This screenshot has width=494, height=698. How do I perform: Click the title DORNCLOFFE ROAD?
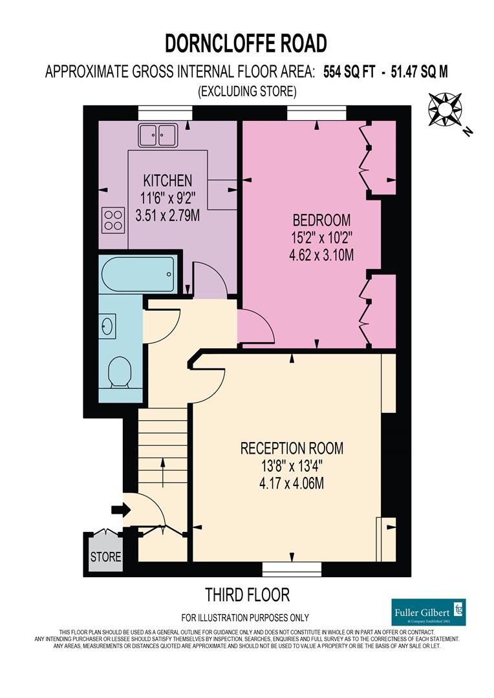click(x=246, y=43)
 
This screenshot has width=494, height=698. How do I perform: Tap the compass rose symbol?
click(x=446, y=109)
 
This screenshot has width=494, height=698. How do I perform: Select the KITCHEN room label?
click(x=167, y=180)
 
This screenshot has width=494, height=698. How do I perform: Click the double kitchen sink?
click(x=158, y=136)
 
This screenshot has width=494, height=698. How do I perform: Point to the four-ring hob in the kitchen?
click(x=113, y=220)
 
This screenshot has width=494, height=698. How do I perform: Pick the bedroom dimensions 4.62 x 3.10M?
click(x=321, y=255)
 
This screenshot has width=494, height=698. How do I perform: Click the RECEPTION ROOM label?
click(x=292, y=448)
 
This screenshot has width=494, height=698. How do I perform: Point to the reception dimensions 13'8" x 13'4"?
click(x=292, y=465)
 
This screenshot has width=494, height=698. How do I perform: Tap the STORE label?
click(x=105, y=556)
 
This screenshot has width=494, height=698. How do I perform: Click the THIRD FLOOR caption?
click(x=247, y=594)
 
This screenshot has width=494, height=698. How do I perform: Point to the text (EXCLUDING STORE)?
click(x=247, y=92)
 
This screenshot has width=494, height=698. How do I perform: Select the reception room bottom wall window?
click(x=292, y=569)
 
